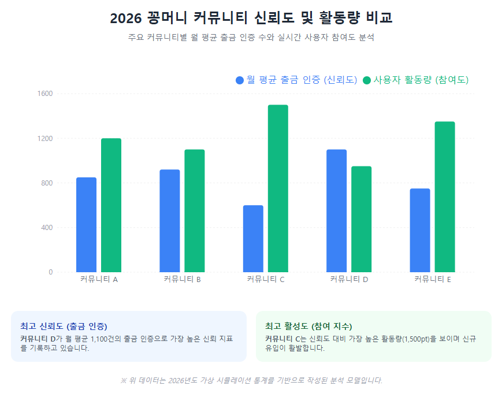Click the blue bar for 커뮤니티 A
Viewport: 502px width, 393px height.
(86, 225)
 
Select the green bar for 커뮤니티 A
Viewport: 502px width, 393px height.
(111, 205)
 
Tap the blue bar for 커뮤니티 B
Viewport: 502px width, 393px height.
(169, 221)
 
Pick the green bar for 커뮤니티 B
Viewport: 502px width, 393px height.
(195, 211)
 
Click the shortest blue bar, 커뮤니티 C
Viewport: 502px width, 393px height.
(253, 239)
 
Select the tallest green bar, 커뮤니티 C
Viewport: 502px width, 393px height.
(278, 188)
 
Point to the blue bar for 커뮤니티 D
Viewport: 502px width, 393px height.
(336, 211)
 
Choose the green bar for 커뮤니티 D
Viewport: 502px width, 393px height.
(362, 219)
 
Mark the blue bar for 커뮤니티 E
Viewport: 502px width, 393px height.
(420, 231)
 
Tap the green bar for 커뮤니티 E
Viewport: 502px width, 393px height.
(445, 196)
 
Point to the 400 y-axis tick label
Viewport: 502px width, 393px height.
(46, 228)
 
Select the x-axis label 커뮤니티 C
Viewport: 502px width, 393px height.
(266, 280)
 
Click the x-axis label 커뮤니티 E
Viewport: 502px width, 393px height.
(433, 280)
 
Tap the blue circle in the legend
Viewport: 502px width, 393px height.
(240, 80)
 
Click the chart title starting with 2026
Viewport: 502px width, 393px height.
(251, 18)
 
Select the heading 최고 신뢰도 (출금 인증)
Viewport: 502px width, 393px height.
(64, 326)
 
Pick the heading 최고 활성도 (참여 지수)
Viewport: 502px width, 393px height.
(308, 326)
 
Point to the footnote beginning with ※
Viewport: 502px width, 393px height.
(251, 380)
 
